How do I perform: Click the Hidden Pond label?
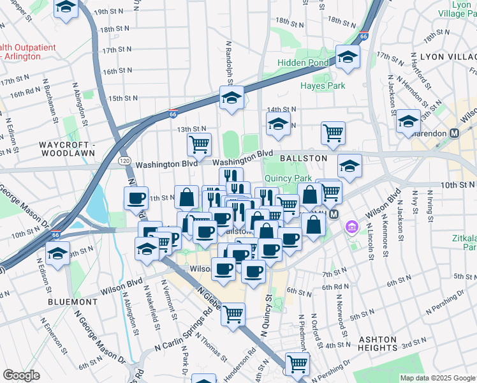click(303, 63)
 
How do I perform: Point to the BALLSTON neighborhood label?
click(303, 158)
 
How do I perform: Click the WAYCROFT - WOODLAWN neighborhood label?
click(67, 151)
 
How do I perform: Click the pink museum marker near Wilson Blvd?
click(351, 227)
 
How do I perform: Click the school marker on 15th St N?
click(231, 98)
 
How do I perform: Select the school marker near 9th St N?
click(58, 253)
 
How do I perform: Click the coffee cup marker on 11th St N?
click(135, 198)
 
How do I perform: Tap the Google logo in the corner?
click(21, 375)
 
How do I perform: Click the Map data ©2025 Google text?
click(437, 378)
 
